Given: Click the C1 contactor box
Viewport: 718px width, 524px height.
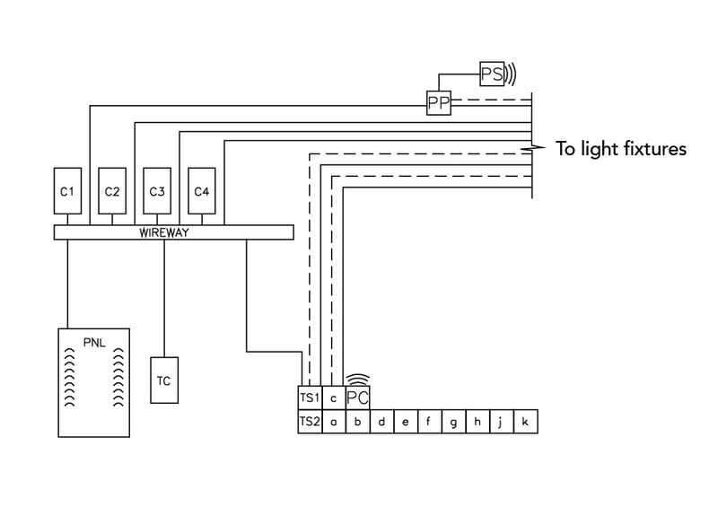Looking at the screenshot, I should pos(67,191).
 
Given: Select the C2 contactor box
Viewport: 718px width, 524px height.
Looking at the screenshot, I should pos(112,191).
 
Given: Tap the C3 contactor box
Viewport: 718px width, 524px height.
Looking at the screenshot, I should pos(157,191).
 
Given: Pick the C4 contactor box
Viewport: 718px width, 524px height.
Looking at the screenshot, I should pos(202,191).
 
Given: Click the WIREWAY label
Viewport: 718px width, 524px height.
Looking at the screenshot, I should pos(165,232).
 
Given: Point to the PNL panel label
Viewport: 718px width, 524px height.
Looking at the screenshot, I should pos(94,341).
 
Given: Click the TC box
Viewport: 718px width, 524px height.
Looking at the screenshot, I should pos(163,380).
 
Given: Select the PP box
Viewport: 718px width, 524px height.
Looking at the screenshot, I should pos(438,105).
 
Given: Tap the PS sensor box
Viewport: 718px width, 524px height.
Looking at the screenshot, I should pos(492,74).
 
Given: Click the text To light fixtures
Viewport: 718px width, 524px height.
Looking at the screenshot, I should pos(620,149).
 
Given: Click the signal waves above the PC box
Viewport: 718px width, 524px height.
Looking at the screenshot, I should pos(357,380).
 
